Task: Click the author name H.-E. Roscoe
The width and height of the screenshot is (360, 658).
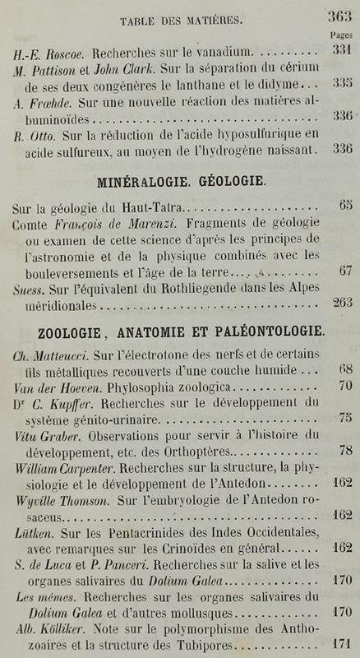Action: pyautogui.click(x=41, y=51)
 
